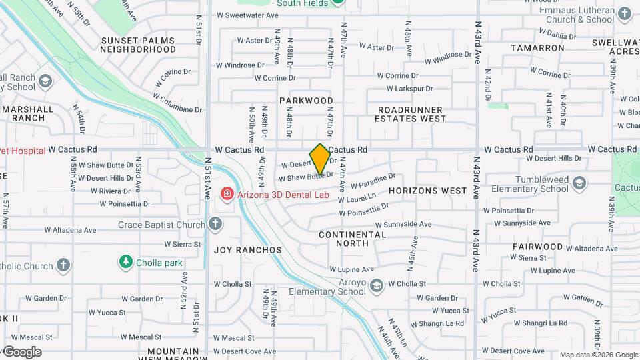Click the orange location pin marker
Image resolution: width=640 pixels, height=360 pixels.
[320, 159]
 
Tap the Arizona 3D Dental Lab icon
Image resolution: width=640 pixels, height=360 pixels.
[227, 194]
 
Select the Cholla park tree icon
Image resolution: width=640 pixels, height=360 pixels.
[125, 263]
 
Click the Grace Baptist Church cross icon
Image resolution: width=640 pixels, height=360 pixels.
[215, 225]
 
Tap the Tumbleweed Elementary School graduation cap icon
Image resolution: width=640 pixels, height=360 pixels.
[579, 183]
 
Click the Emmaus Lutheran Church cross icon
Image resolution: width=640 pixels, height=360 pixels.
[625, 13]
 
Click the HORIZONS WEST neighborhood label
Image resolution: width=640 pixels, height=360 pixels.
[427, 191]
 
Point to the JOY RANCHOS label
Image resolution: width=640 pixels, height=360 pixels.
[248, 250]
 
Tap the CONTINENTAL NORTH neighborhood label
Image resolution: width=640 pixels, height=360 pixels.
[353, 239]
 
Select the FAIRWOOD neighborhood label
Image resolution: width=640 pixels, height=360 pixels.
[537, 247]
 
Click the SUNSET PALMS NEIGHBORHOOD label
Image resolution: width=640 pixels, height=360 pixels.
[138, 45]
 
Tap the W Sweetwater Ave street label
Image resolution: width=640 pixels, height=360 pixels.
[248, 15]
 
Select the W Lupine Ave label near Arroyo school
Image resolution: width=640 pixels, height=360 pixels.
[351, 270]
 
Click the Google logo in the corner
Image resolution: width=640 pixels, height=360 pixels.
[22, 352]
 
